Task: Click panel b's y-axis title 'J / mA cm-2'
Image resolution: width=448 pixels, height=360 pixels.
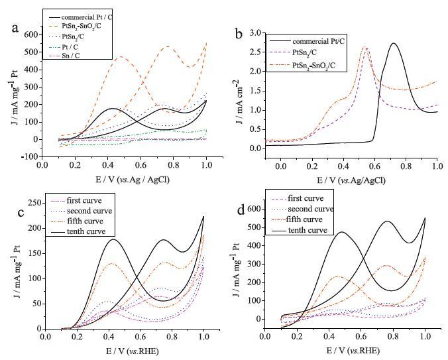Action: (239, 90)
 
